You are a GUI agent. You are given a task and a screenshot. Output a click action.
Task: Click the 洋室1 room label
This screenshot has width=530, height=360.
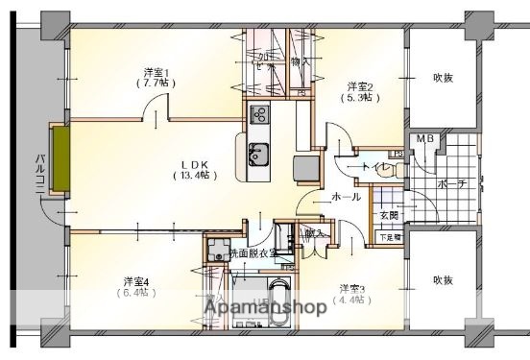coord(157,72)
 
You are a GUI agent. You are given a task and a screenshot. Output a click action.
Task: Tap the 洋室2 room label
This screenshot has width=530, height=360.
coord(360,84)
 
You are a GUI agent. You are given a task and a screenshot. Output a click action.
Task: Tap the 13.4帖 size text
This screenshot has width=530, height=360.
coord(195,175)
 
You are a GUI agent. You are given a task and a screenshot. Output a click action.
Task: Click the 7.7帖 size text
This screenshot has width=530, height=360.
coord(157,84)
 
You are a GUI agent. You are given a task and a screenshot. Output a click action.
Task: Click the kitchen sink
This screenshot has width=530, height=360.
coord(259,152)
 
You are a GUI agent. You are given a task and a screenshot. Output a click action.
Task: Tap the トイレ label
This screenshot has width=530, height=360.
coord(373,168)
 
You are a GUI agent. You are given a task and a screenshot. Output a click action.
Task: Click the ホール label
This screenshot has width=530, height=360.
coord(346,197)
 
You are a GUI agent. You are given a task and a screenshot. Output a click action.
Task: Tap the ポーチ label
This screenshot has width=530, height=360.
coord(450,183)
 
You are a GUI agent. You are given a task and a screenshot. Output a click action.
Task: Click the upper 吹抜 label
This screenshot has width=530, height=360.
coord(443,78)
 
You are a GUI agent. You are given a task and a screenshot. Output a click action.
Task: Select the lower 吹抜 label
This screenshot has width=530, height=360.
coord(442,280)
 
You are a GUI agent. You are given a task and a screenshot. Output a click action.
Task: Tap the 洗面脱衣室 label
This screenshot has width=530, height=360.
coord(252,253)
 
